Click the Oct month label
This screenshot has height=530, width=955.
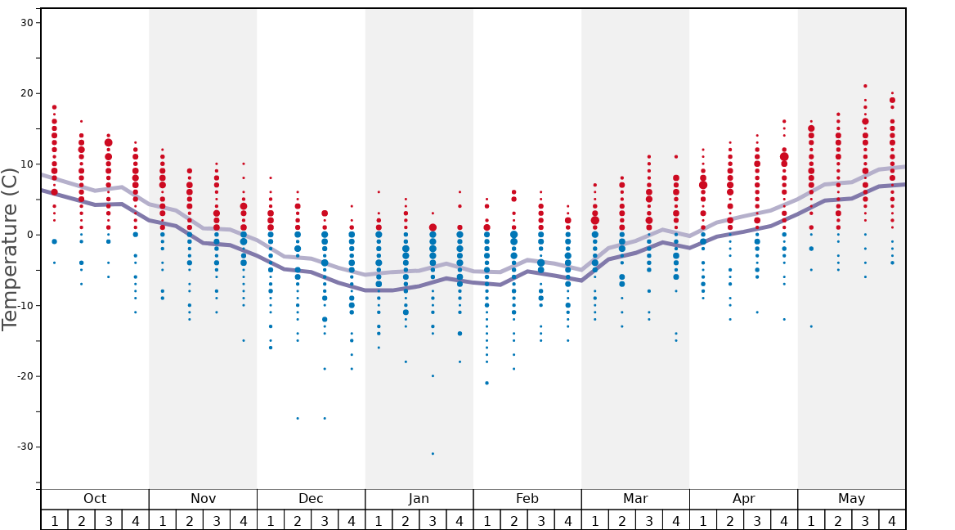pyautogui.click(x=95, y=499)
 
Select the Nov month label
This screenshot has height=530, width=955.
pyautogui.click(x=203, y=499)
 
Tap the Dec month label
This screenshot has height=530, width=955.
pyautogui.click(x=311, y=499)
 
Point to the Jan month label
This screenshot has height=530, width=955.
pyautogui.click(x=419, y=499)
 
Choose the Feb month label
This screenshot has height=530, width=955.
pyautogui.click(x=527, y=499)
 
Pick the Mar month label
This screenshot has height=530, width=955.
pyautogui.click(x=635, y=499)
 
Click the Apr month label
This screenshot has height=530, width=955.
pyautogui.click(x=743, y=499)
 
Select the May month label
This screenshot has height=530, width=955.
pyautogui.click(x=851, y=499)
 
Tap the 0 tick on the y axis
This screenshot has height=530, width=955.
pyautogui.click(x=29, y=235)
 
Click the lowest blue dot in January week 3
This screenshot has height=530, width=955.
pyautogui.click(x=433, y=453)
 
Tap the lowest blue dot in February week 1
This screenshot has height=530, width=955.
pyautogui.click(x=486, y=383)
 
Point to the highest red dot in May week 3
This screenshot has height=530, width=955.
pyautogui.click(x=865, y=86)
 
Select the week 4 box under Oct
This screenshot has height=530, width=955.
pyautogui.click(x=136, y=520)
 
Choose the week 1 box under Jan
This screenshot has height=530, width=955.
pyautogui.click(x=379, y=520)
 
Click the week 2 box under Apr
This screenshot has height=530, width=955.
pyautogui.click(x=730, y=520)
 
